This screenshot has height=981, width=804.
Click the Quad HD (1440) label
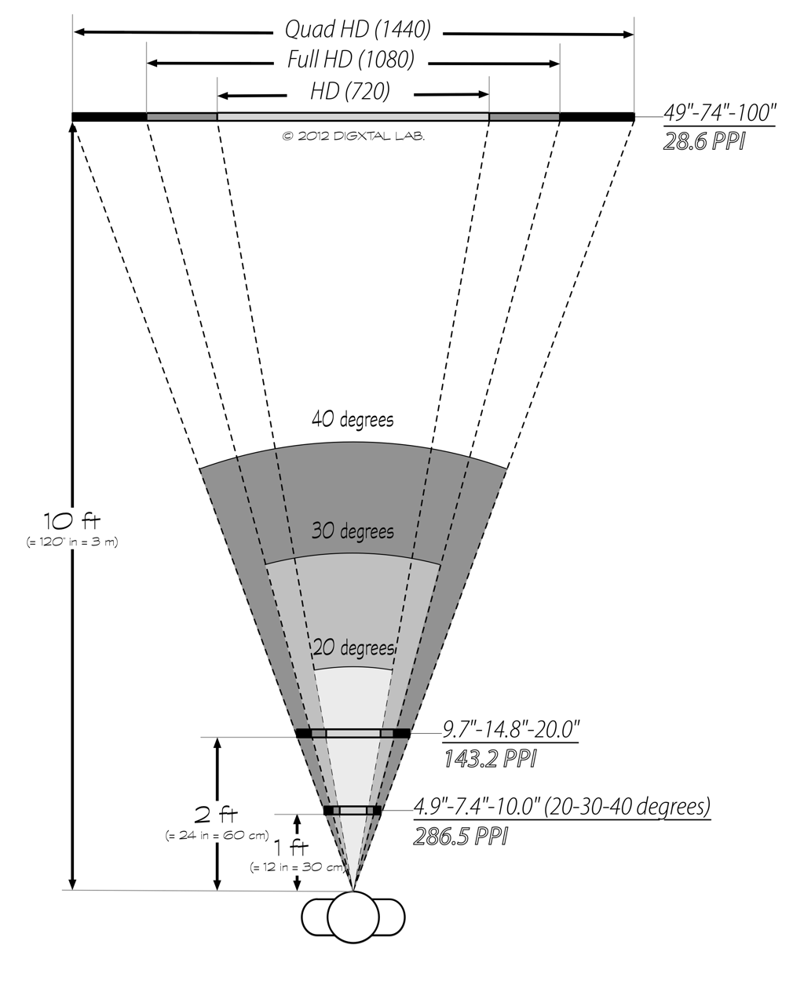(x=358, y=31)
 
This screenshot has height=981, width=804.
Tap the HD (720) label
(x=350, y=92)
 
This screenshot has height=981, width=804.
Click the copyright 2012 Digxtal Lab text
(x=353, y=136)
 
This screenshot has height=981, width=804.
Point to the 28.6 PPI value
(x=703, y=144)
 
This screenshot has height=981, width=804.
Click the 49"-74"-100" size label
(x=719, y=114)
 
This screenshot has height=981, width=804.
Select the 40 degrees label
(x=353, y=420)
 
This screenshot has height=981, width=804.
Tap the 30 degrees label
(x=353, y=531)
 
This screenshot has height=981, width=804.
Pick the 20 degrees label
(x=353, y=649)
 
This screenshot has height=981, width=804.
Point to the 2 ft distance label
(x=217, y=813)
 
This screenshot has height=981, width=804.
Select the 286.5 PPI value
(x=460, y=836)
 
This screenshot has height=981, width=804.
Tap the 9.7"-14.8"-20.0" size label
(x=510, y=730)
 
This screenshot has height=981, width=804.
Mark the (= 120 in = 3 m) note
(x=71, y=542)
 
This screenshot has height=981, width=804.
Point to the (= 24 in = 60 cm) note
(x=217, y=835)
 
